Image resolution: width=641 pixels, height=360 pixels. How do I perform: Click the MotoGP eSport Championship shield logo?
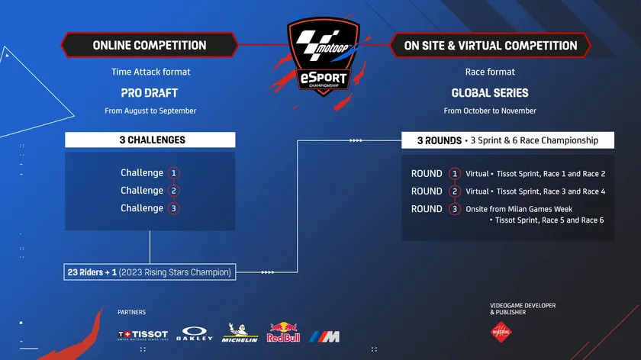point(323,56)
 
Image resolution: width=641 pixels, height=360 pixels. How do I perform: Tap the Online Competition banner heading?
point(150,45)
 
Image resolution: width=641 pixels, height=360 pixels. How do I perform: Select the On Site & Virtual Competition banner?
point(490,45)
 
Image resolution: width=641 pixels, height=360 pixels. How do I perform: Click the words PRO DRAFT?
point(150,93)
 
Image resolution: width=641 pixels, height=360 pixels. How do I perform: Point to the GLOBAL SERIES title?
point(490,93)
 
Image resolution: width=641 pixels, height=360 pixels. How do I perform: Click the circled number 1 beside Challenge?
point(173,173)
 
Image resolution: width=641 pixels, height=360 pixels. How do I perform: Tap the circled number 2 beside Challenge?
point(173,191)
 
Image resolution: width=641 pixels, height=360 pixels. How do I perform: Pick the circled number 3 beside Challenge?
point(173,208)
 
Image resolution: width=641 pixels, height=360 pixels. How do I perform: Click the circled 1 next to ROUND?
point(454,174)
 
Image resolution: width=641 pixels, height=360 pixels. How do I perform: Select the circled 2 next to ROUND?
point(454,191)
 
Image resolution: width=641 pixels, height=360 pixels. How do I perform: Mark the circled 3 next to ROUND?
point(454,209)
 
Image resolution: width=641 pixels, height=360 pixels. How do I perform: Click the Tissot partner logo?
point(143,335)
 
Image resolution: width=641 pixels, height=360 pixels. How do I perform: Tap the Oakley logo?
point(195,333)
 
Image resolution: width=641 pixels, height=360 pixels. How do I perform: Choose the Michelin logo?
point(240,333)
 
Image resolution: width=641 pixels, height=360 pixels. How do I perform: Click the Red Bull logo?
point(283,332)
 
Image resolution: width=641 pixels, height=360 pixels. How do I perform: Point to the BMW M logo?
point(324,336)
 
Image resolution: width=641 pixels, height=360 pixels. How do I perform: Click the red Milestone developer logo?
point(501,331)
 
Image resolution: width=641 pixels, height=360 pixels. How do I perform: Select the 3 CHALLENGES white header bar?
point(150,140)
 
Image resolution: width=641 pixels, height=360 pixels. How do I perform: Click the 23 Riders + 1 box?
point(150,272)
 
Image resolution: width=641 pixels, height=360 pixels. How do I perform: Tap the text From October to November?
point(490,111)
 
